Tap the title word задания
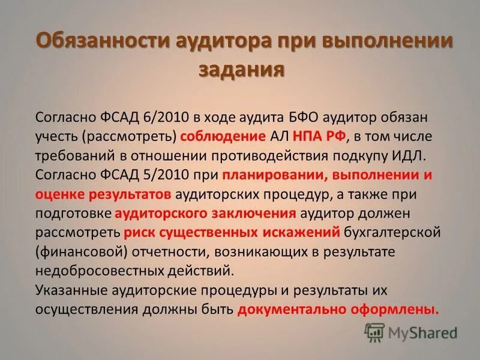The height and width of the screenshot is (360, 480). click(x=240, y=69)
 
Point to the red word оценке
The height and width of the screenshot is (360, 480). click(x=59, y=195)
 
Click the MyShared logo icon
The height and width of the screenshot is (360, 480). click(x=374, y=332)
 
